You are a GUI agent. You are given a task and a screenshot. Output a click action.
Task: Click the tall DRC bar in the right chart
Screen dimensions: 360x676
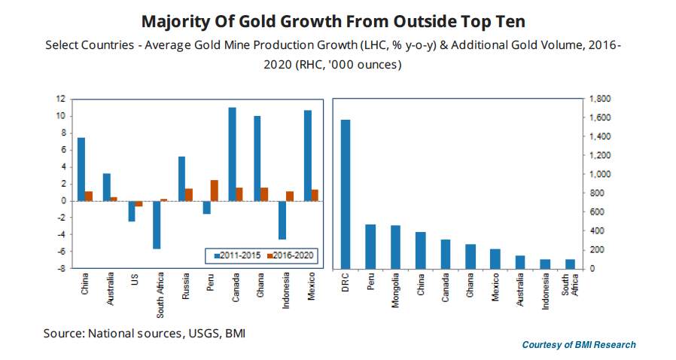(x=346, y=194)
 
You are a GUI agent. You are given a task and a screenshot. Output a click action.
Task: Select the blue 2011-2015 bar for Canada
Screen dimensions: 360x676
(x=232, y=154)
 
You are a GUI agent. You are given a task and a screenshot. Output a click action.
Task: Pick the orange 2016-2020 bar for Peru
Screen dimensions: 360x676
(x=214, y=191)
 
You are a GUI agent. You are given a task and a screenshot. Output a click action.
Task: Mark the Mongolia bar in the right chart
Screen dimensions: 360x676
(x=395, y=247)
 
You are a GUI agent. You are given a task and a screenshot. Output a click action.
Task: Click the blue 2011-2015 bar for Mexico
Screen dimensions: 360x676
(x=307, y=156)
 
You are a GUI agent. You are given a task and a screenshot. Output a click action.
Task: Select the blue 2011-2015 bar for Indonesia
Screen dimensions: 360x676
(x=282, y=220)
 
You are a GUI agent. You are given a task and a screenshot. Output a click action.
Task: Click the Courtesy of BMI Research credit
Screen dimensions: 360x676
(x=579, y=345)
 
